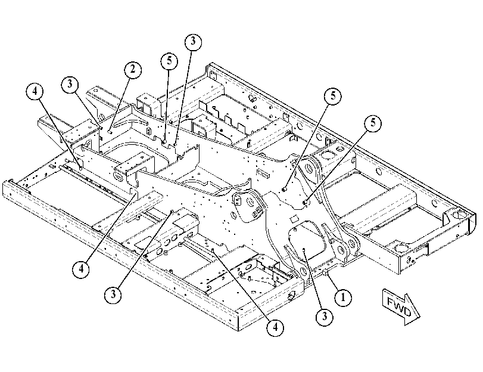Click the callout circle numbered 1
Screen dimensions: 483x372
click(343, 297)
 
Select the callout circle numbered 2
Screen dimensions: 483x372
click(133, 70)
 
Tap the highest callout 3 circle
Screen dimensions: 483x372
click(193, 42)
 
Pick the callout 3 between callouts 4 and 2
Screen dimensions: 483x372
click(70, 84)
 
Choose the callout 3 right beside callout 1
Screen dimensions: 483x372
click(325, 317)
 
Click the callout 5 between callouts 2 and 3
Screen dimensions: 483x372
click(169, 61)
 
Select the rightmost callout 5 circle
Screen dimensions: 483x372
click(373, 123)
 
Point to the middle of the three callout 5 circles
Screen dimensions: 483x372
click(333, 96)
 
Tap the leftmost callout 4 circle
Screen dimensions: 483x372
click(35, 92)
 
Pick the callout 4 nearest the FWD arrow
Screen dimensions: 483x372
click(275, 327)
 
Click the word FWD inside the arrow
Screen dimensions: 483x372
click(398, 307)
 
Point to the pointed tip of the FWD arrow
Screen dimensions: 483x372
click(420, 317)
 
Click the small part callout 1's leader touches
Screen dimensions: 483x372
click(325, 272)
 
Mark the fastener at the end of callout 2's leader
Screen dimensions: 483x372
click(110, 132)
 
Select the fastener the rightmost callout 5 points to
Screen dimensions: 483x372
click(305, 202)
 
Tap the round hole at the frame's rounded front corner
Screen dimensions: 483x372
click(460, 215)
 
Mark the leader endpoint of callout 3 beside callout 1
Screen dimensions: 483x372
click(304, 249)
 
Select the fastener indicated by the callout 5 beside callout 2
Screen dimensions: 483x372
click(164, 141)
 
